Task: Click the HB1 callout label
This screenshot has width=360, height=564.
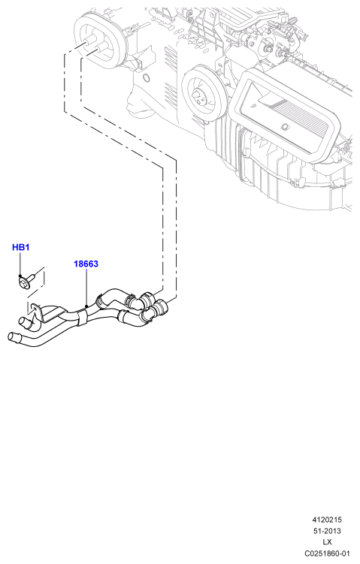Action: click(20, 248)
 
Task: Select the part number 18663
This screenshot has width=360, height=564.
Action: click(86, 264)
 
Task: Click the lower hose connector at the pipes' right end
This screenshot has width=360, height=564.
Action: click(160, 307)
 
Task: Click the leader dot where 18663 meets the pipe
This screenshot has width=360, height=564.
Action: click(86, 306)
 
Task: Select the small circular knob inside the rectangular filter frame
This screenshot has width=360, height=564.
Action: click(285, 126)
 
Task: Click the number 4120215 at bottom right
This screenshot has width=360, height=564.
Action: click(327, 520)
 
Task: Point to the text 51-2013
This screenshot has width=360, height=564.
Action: click(327, 531)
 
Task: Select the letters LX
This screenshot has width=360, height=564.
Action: click(327, 542)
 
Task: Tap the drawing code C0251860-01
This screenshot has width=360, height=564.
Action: click(327, 553)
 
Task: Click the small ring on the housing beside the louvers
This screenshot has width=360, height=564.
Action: click(146, 77)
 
